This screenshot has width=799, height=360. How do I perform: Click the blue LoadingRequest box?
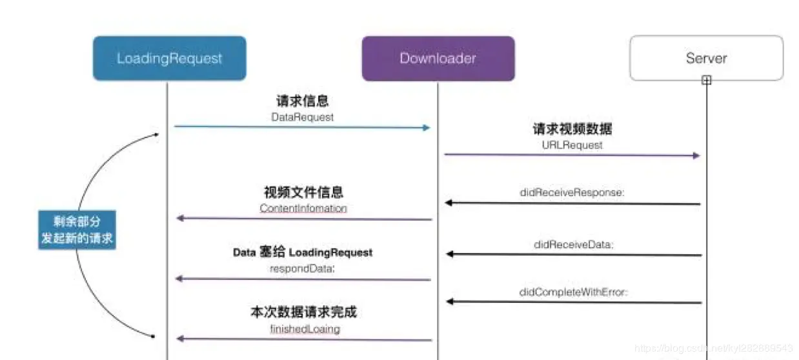[169, 58]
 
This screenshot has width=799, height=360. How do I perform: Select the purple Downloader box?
[438, 58]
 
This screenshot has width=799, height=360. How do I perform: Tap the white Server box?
[706, 57]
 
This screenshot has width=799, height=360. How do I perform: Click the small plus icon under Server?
[707, 81]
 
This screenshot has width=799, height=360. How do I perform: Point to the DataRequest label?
[302, 117]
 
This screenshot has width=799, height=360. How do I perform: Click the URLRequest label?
[572, 145]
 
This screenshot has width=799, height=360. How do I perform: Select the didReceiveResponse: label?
[572, 192]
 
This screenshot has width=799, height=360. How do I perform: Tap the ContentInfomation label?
[303, 208]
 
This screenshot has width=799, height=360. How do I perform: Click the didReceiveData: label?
[573, 245]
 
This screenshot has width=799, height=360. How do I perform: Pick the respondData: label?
[303, 268]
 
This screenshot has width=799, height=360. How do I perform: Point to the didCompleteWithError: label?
[573, 292]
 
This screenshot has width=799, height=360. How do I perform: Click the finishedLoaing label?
[303, 328]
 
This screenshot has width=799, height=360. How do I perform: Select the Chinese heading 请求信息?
[302, 101]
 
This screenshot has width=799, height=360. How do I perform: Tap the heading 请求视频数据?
[572, 129]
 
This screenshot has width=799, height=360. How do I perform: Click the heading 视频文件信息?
[303, 192]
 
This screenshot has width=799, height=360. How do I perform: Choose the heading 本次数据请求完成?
[303, 312]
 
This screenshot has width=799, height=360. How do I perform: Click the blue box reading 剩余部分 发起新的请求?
[76, 230]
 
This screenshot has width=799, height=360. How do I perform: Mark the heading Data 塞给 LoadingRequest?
[303, 252]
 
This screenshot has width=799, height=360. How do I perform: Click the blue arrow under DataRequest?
[302, 127]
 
